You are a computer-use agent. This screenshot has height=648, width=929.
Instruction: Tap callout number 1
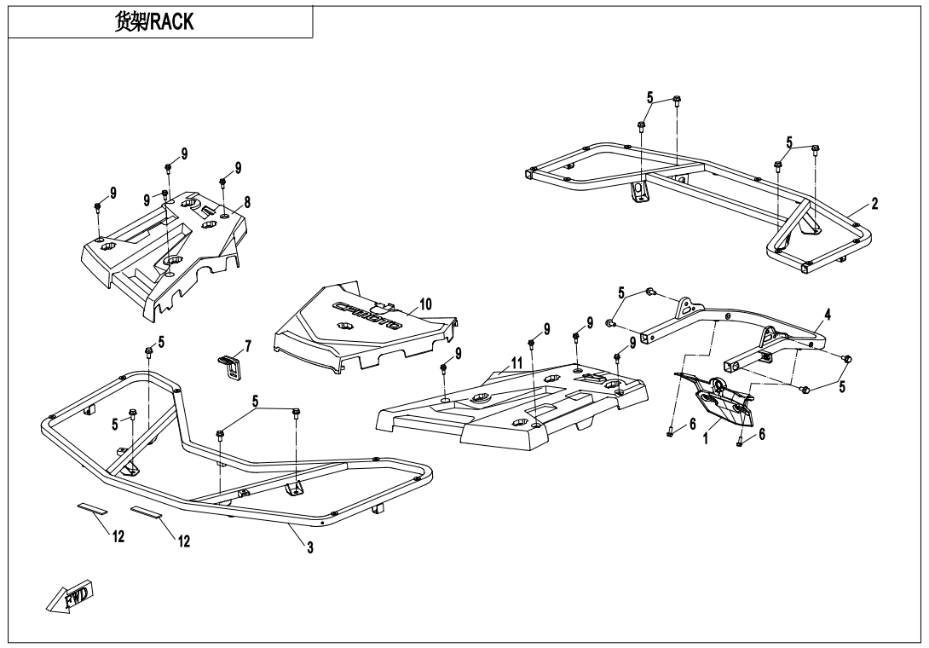(706, 442)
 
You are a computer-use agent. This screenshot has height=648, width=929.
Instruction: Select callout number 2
(874, 204)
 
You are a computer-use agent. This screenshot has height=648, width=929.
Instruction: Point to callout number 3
(309, 548)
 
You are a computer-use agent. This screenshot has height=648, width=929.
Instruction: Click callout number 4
(828, 314)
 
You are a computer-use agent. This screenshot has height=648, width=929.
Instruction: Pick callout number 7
(247, 345)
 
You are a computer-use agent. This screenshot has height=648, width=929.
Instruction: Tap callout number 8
(246, 203)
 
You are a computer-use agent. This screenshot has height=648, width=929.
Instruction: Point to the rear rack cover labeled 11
(511, 409)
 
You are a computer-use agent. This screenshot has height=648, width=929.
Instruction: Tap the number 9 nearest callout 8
(239, 167)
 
